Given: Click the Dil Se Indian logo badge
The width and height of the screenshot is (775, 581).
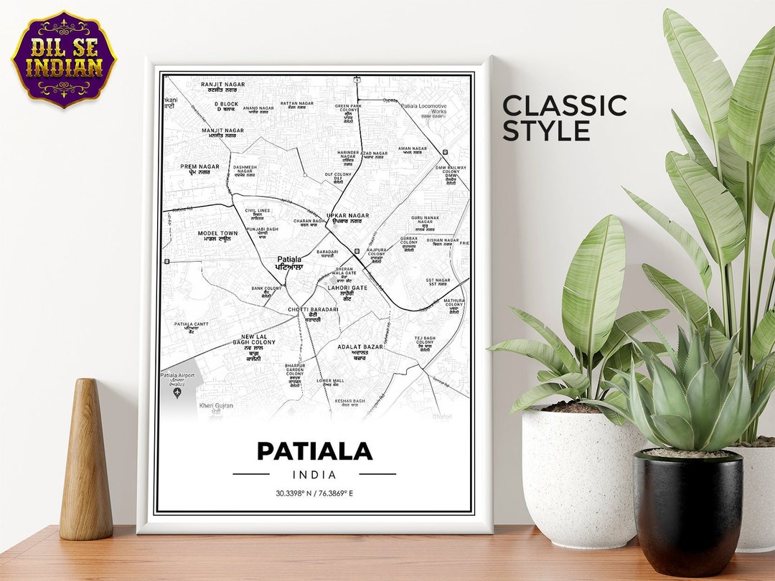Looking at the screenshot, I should coord(64,59).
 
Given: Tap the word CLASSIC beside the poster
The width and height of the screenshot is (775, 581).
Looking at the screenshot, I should coord(564,105).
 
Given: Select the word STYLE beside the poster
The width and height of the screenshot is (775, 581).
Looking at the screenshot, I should coord(546,131).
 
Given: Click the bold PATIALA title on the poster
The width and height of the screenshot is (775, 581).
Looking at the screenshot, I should coord(314,451).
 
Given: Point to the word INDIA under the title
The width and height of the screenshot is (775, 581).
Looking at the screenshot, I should coord(314,474).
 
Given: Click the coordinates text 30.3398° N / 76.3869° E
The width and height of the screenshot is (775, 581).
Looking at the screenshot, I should coord(314,493).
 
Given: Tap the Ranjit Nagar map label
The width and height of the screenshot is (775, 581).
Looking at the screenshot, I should coord(222,87).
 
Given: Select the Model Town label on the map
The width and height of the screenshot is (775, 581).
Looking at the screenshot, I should coord(217,236).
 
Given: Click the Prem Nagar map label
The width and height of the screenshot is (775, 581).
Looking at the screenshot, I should coord(199,169).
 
